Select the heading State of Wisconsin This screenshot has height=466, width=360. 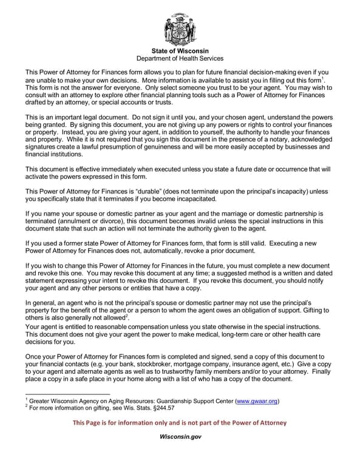tap(180, 50)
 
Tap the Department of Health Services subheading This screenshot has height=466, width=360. tap(180, 58)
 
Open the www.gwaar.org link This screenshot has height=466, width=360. tap(257, 401)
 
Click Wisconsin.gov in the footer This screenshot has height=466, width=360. tap(180, 436)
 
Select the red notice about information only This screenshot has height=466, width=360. tap(180, 422)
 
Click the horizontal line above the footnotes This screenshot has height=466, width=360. tap(67, 394)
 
